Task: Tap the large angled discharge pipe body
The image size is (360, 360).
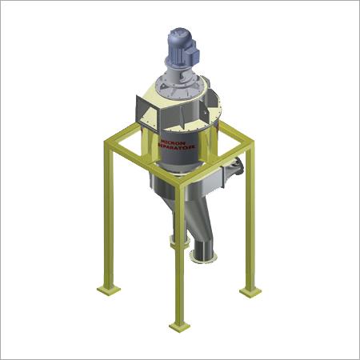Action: pyautogui.click(x=210, y=228)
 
